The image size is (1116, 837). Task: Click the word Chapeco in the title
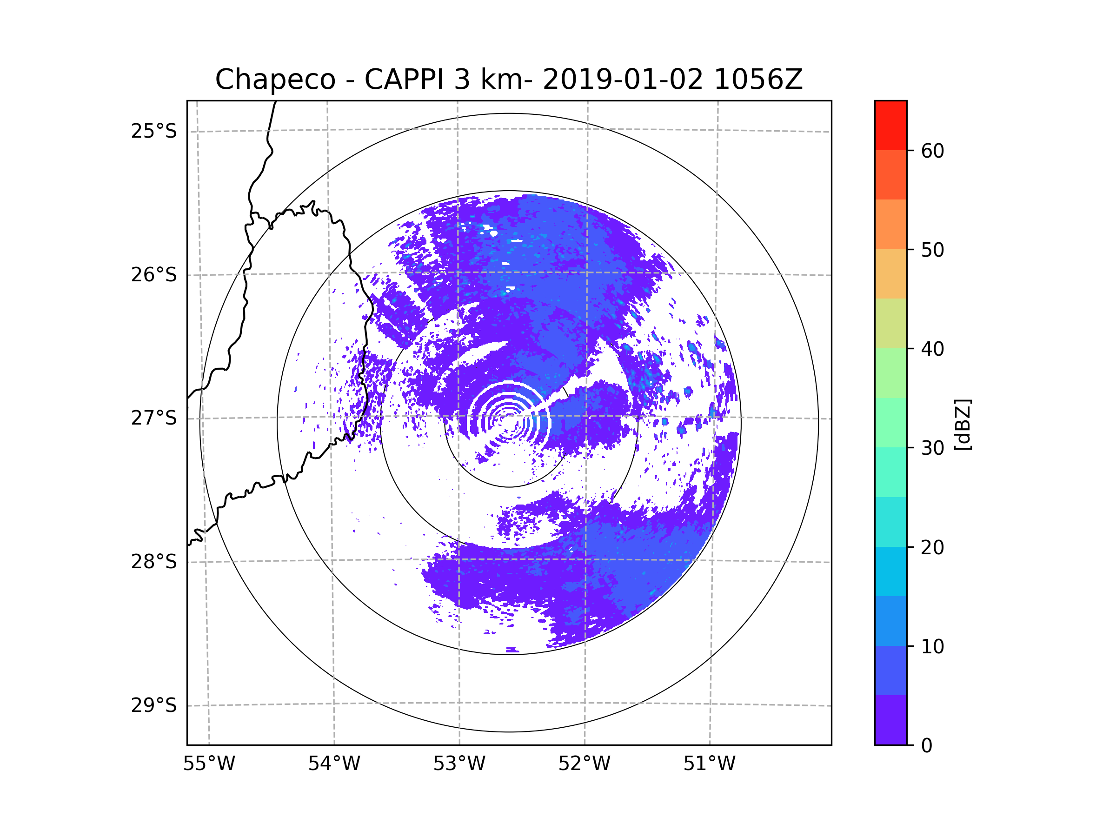point(275,80)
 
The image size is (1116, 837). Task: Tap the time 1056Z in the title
point(758,80)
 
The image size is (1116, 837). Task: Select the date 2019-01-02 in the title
point(623,80)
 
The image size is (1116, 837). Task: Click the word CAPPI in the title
point(404,80)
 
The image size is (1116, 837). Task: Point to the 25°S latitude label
point(154,131)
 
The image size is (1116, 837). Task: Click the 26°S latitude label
point(154,275)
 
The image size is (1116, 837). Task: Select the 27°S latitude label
point(154,418)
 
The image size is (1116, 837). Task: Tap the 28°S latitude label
point(154,562)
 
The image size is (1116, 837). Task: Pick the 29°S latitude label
point(154,705)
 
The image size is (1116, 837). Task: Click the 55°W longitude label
point(209,764)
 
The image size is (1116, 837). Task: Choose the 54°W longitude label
point(334,764)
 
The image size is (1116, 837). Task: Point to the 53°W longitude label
point(459,764)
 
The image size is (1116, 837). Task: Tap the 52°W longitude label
point(584,764)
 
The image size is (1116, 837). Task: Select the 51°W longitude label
point(709,764)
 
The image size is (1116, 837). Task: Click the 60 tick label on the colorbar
point(932,151)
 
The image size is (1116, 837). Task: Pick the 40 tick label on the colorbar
point(932,349)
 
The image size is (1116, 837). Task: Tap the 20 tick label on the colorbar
point(932,547)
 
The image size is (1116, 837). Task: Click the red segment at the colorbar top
point(890,125)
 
